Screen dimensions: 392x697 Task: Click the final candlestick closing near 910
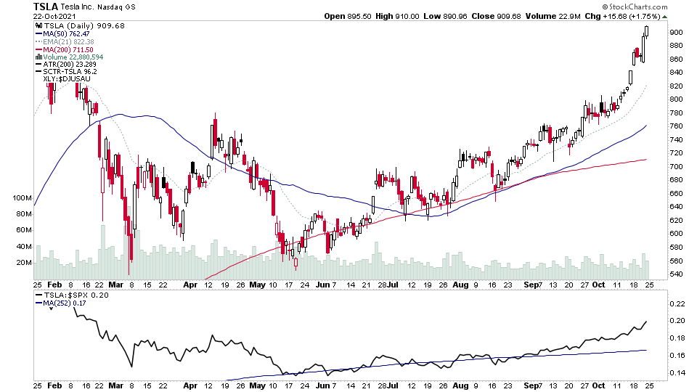[x=647, y=31]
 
